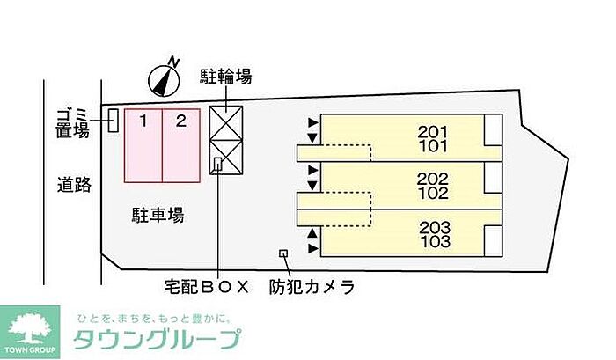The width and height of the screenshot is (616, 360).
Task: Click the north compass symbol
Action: click(x=165, y=79)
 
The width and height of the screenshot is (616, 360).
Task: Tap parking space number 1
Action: click(x=143, y=145)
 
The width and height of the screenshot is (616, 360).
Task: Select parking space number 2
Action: click(x=181, y=145)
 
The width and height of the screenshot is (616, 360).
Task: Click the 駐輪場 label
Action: click(x=226, y=77)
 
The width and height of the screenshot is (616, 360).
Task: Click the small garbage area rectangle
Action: click(x=114, y=121)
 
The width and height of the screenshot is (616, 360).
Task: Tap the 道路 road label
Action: click(x=74, y=185)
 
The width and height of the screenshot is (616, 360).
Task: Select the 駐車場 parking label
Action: click(x=158, y=216)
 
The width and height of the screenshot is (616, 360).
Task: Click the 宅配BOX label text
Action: click(x=207, y=287)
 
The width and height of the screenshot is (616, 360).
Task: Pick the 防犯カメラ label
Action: click(x=312, y=287)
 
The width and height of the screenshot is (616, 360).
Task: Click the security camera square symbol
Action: click(x=283, y=253)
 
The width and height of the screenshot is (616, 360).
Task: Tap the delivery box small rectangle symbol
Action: click(x=218, y=164)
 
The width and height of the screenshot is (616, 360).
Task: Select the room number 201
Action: click(x=433, y=132)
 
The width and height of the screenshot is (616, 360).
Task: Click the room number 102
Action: click(x=433, y=193)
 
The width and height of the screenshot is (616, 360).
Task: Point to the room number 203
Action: click(x=435, y=228)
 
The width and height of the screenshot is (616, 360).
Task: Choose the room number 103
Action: click(x=435, y=242)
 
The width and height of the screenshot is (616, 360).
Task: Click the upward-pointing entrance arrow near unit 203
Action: click(x=312, y=233)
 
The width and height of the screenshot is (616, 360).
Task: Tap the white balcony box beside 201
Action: click(x=493, y=129)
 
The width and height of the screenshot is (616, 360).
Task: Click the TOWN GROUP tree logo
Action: click(x=30, y=332)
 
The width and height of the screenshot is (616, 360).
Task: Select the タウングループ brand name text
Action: click(x=157, y=340)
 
